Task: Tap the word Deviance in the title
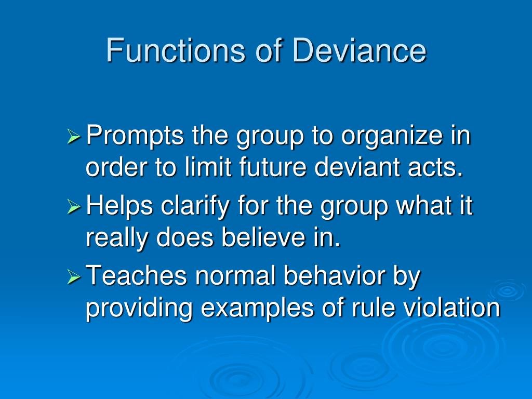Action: (360, 51)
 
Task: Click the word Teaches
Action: (136, 276)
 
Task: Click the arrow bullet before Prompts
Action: (74, 138)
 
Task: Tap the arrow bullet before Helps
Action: (74, 208)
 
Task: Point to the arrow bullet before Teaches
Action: (74, 277)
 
